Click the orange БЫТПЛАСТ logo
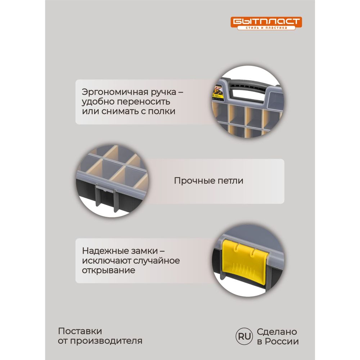pos(266,23)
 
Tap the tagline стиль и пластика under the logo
pos(266,28)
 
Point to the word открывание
pos(108,271)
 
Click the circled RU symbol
pos(244,336)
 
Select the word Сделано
pos(277,332)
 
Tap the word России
pos(282,342)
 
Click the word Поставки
pos(80,331)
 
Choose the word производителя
pos(106,341)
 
